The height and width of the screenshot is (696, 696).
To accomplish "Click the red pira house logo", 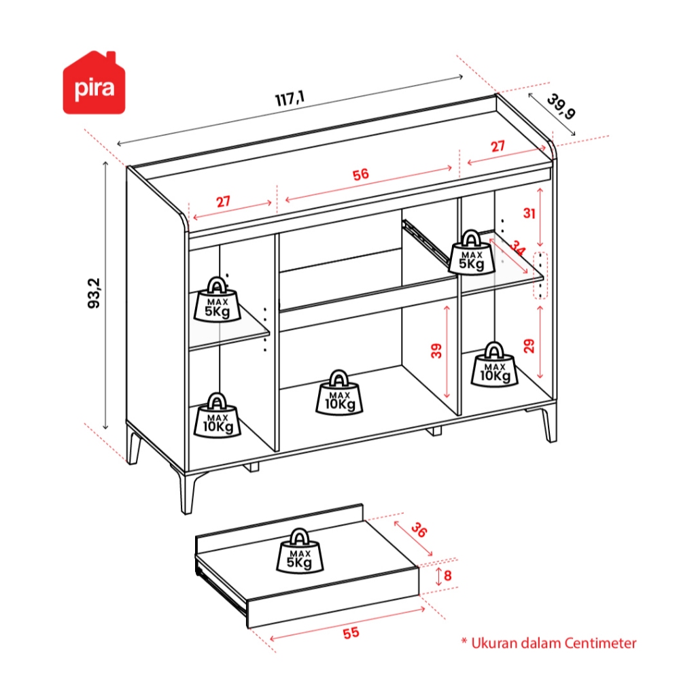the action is pyautogui.click(x=95, y=84).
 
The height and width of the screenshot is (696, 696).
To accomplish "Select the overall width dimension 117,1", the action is pyautogui.click(x=290, y=99).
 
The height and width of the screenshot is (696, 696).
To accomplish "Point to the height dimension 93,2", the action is pyautogui.click(x=94, y=293).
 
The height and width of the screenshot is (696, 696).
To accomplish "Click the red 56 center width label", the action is pyautogui.click(x=360, y=175).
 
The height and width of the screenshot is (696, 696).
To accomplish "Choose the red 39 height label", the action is pyautogui.click(x=436, y=350).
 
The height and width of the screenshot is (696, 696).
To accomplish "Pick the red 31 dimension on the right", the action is pyautogui.click(x=529, y=213).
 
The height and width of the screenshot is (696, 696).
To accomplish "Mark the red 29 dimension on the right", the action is pyautogui.click(x=529, y=345).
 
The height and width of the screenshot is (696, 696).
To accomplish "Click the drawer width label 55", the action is pyautogui.click(x=350, y=633).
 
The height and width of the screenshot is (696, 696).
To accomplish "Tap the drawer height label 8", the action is pyautogui.click(x=447, y=576).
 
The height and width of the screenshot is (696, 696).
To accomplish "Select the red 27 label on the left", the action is pyautogui.click(x=224, y=201).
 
